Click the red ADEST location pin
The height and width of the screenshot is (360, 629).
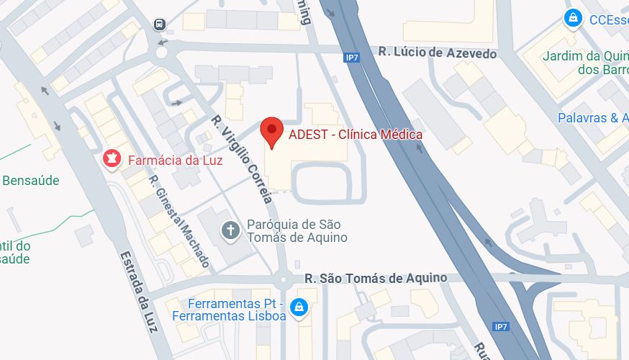271,132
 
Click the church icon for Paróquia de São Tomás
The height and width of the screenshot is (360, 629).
230,230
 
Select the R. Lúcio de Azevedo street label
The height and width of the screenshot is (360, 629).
438,53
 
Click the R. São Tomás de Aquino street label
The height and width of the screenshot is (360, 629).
375,278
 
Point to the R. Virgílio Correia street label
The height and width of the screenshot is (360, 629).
242,158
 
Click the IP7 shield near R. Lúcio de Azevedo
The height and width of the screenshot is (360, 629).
352,58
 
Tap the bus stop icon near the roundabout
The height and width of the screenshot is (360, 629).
160,24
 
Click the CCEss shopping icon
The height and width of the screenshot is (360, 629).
573,19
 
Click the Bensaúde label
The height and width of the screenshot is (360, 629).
30,180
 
